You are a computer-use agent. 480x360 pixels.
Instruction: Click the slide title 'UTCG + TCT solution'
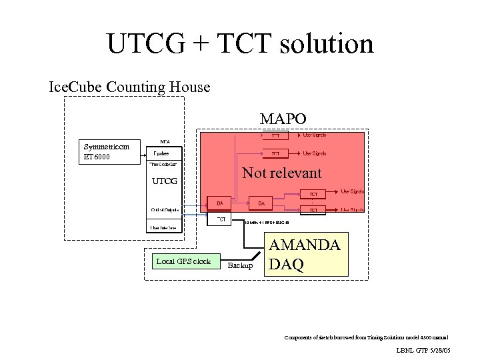tap(240, 44)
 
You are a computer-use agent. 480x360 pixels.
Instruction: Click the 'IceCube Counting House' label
tap(130, 87)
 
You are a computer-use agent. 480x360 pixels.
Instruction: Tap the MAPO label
tap(283, 119)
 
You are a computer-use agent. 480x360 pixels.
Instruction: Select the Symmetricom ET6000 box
tap(107, 152)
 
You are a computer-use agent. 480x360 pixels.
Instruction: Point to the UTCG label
tap(165, 181)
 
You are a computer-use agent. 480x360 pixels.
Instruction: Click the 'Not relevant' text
tap(282, 173)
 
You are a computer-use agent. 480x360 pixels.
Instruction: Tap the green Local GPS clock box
tap(183, 261)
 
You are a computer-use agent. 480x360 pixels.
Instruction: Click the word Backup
tap(241, 265)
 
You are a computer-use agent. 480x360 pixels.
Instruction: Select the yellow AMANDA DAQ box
tap(307, 254)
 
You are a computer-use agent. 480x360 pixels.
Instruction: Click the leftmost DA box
tap(219, 202)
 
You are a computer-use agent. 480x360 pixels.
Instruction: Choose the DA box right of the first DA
tap(261, 202)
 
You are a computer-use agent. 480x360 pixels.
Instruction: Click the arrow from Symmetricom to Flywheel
tap(138, 153)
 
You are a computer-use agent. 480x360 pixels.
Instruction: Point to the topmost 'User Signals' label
tap(314, 135)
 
